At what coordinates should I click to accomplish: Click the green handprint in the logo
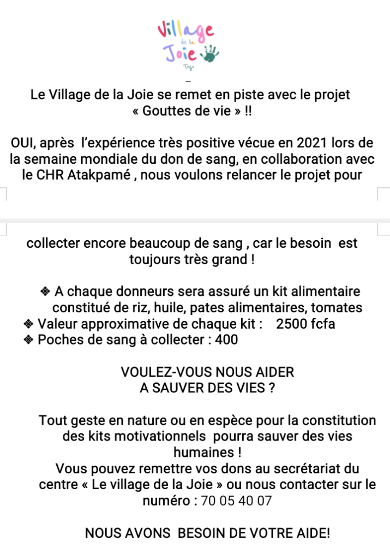[x=210, y=53]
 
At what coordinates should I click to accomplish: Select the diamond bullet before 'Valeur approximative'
[x=29, y=324]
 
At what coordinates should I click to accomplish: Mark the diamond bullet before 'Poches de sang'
[x=29, y=340]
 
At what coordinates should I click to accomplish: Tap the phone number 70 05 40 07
[x=236, y=501]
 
